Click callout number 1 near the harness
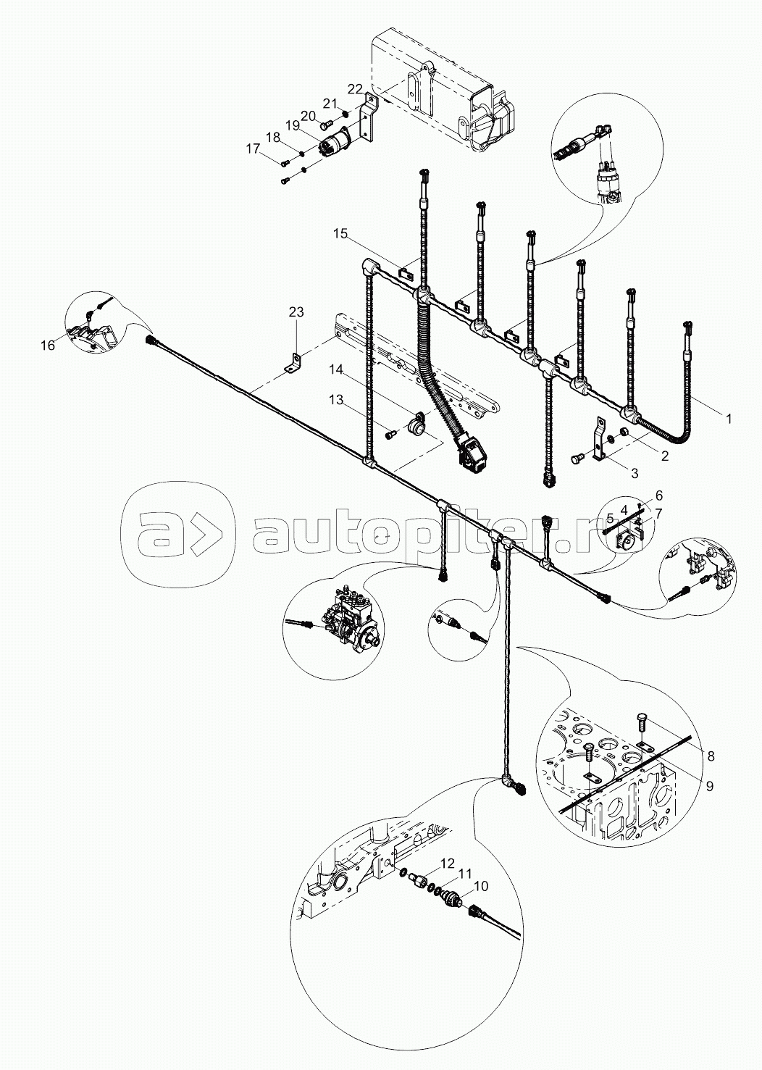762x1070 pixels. [728, 419]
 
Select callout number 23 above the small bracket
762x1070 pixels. [297, 312]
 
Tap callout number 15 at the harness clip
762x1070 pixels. [341, 233]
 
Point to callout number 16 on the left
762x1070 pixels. [48, 346]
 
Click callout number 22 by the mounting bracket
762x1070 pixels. [354, 88]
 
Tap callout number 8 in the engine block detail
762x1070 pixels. [711, 756]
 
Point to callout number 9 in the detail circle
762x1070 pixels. [710, 785]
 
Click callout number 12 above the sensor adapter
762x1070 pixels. [447, 863]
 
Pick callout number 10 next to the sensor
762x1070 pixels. [481, 885]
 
